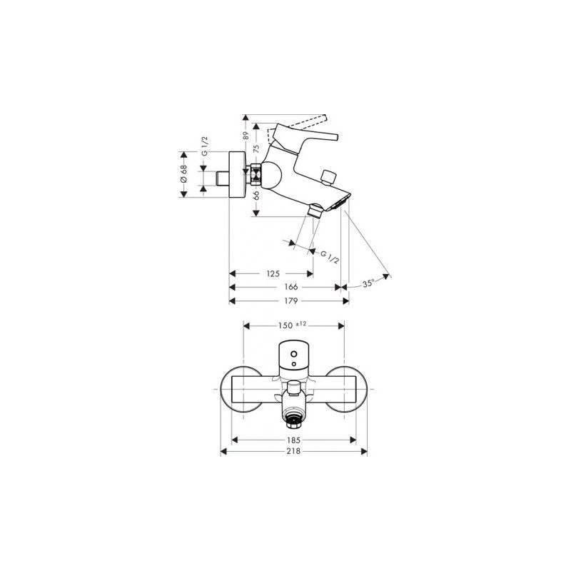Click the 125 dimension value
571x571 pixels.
click(x=273, y=273)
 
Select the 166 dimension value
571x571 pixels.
click(x=291, y=287)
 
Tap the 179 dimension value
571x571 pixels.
click(x=291, y=300)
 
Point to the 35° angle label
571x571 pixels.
click(x=368, y=283)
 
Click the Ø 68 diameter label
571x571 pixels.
click(x=183, y=174)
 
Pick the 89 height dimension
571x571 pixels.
click(x=246, y=136)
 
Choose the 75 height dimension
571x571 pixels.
click(x=256, y=148)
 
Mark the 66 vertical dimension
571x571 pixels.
click(x=256, y=195)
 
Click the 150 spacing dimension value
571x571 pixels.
click(x=285, y=325)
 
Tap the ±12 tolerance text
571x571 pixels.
click(x=301, y=324)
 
